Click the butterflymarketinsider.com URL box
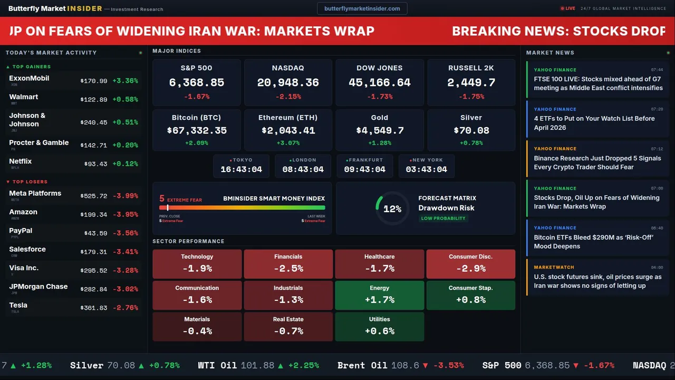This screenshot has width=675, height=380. (x=362, y=8)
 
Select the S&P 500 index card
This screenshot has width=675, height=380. (x=196, y=82)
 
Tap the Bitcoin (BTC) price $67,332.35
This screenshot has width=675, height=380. (x=196, y=130)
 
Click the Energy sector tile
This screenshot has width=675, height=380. (x=379, y=295)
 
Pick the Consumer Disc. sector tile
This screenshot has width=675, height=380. (x=470, y=264)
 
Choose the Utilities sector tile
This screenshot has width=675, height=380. (x=379, y=326)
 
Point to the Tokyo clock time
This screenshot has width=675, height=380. (x=241, y=169)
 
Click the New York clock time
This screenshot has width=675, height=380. (x=426, y=169)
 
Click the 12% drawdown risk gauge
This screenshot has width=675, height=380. (x=392, y=209)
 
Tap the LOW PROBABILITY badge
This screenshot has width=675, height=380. (x=443, y=218)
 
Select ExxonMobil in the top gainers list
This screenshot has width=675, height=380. (x=29, y=78)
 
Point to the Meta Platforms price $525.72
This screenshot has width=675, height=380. (x=94, y=196)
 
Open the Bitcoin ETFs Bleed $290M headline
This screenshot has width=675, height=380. (x=593, y=242)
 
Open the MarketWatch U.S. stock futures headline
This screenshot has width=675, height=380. (x=597, y=281)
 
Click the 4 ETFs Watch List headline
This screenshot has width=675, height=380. (x=594, y=123)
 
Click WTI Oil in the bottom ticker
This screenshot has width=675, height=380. (x=217, y=365)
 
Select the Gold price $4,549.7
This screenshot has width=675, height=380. (x=380, y=130)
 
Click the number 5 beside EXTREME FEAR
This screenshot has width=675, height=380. (x=162, y=199)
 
